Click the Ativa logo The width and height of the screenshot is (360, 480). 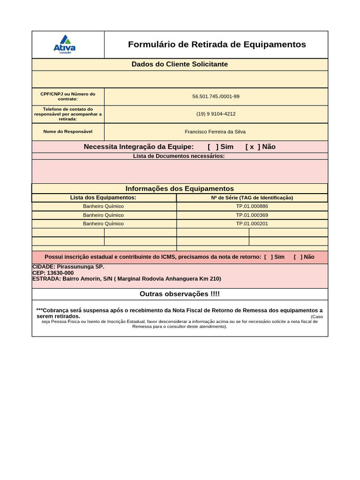[65, 45]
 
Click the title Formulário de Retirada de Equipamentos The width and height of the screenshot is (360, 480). [217, 45]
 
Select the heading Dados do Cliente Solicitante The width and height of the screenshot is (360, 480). [180, 64]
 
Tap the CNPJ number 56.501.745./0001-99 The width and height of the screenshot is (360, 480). [216, 97]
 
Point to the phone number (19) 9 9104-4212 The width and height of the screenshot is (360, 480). [216, 114]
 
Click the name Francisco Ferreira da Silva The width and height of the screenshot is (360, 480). [215, 132]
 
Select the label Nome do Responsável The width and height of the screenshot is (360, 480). [68, 132]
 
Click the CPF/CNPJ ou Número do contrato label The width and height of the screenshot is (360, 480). [68, 97]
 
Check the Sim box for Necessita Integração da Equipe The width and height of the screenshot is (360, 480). [213, 147]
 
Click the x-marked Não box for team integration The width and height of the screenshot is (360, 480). [253, 147]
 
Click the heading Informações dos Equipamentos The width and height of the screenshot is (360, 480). [180, 188]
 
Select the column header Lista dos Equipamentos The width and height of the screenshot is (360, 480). [103, 198]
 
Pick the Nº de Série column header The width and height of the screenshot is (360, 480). [252, 198]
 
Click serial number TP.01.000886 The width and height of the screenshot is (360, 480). [252, 206]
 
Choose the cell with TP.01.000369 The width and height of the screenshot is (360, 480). [252, 215]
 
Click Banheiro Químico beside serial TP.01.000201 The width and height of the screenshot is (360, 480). [103, 224]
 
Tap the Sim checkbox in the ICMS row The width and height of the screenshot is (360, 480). [269, 257]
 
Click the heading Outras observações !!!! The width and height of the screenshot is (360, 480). [180, 294]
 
